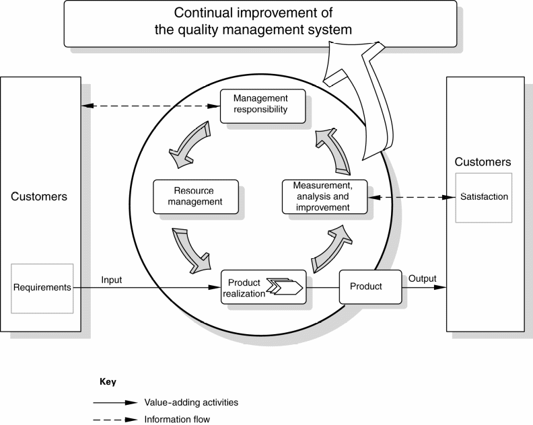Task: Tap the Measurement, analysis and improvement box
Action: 324,196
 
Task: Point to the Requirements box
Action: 42,288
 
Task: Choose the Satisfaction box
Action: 484,197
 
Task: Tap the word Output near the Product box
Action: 422,278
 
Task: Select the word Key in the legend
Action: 108,382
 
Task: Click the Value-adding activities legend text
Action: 190,402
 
